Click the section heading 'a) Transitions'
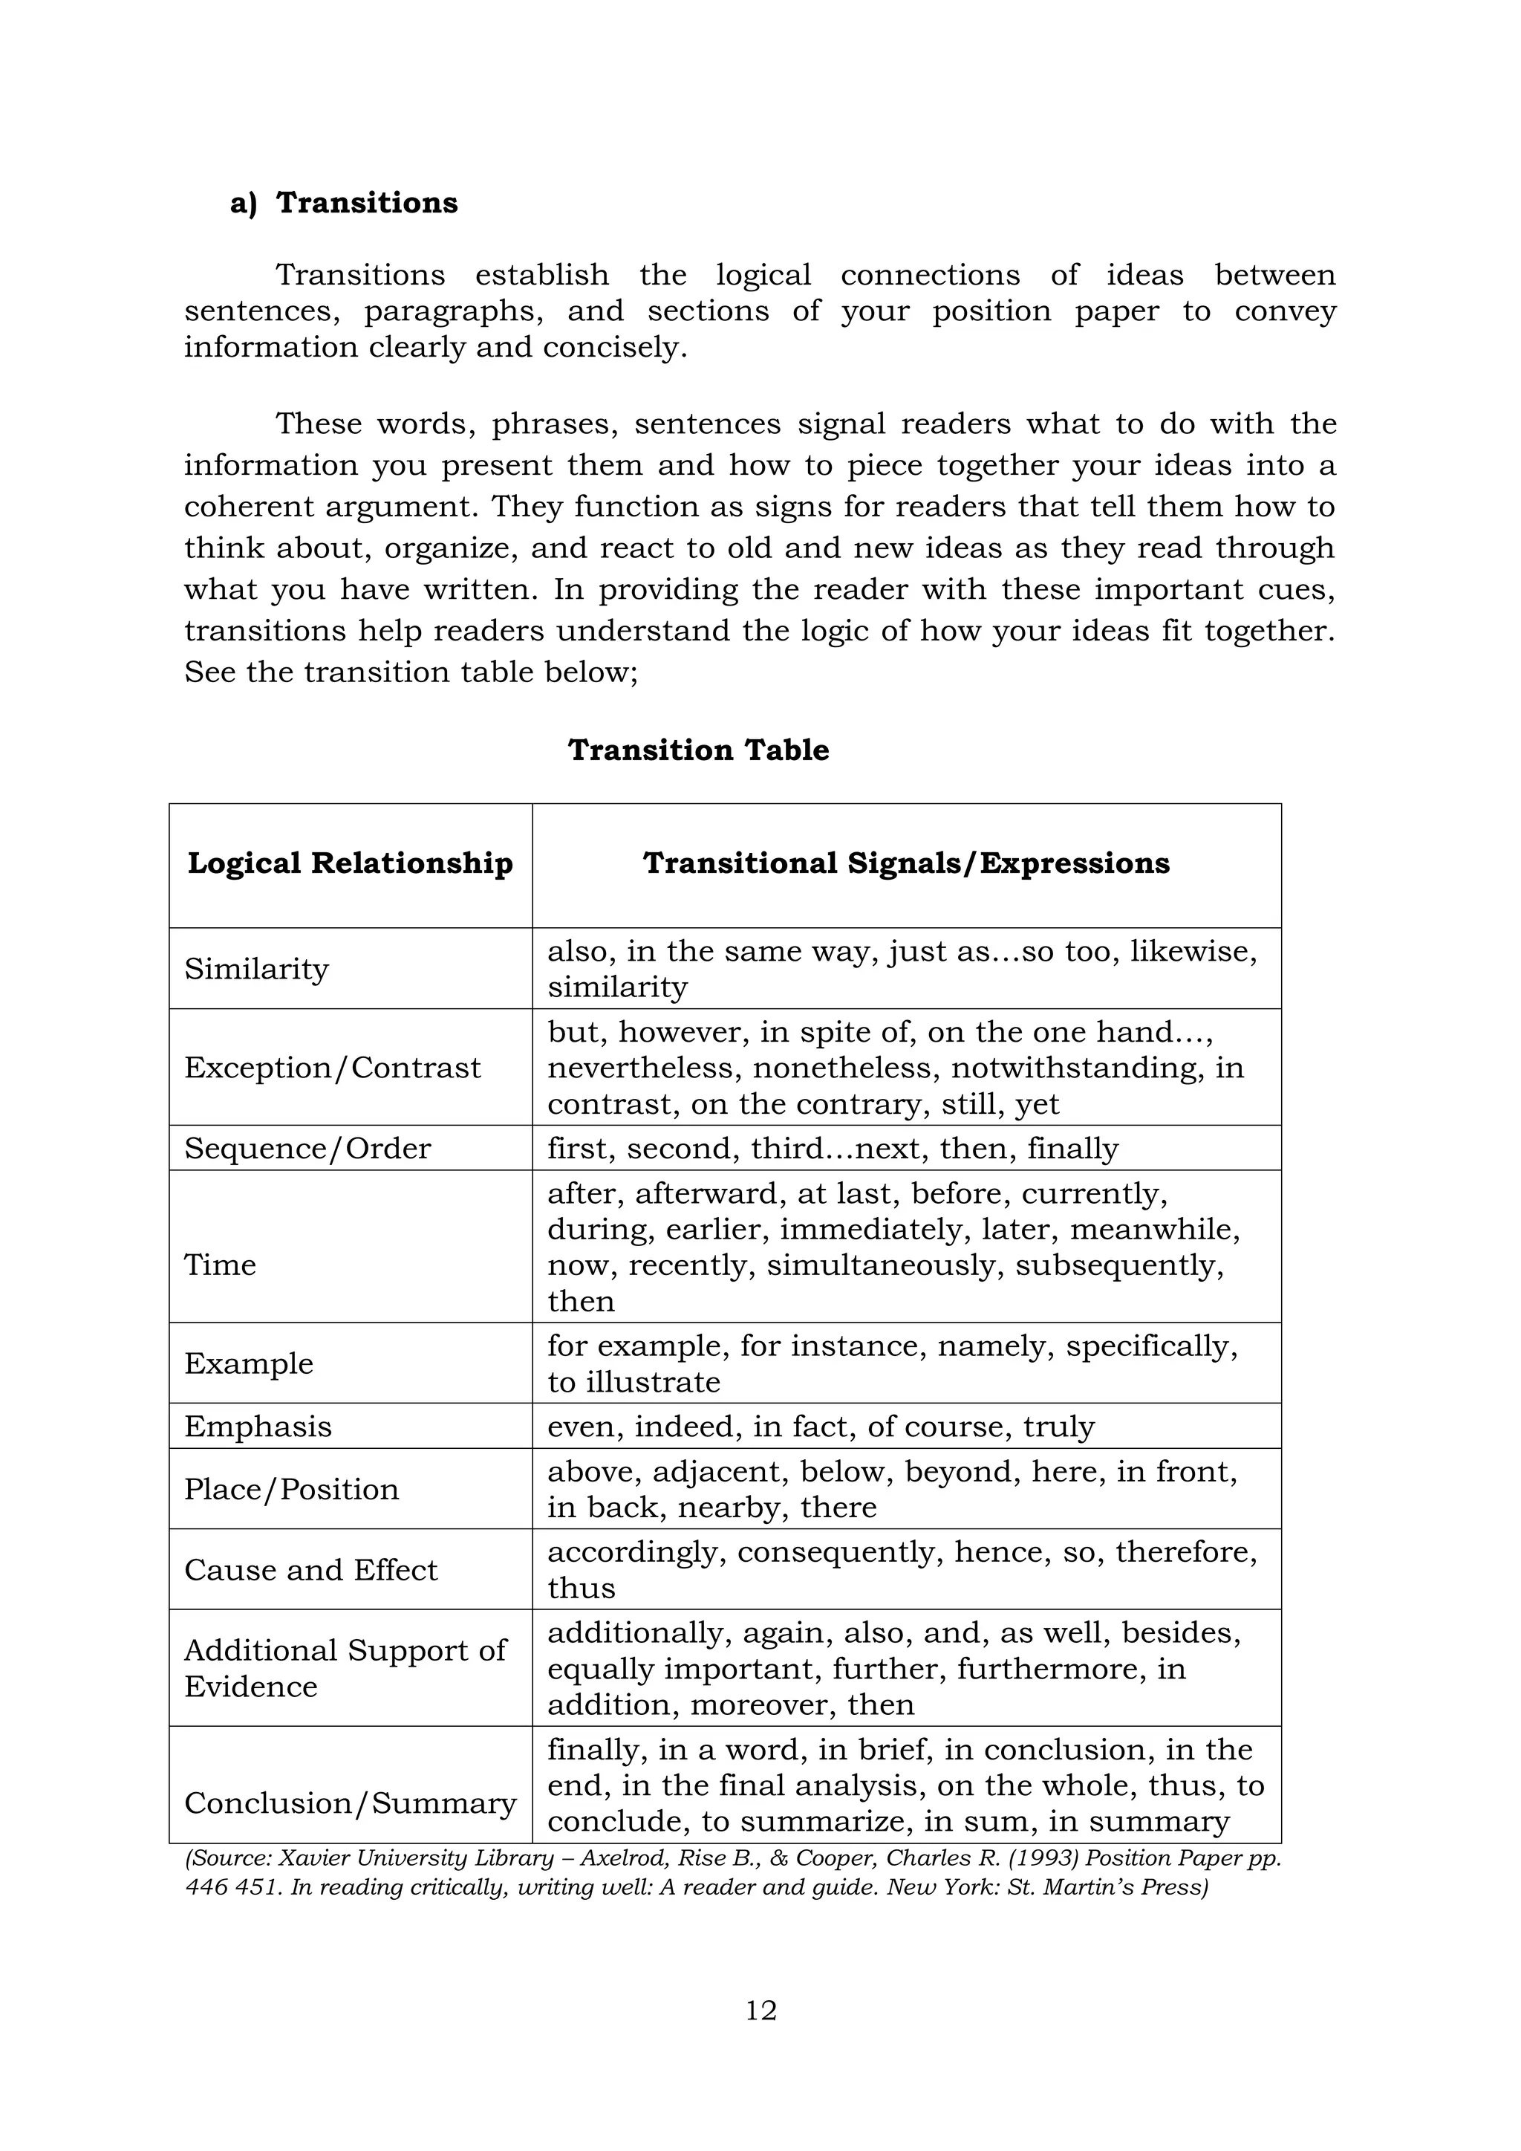[344, 204]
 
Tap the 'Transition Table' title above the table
[698, 750]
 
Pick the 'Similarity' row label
[257, 969]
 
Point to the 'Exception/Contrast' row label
[333, 1067]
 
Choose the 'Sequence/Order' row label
[307, 1149]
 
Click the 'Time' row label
[220, 1265]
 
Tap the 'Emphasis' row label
[258, 1426]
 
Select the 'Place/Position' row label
[291, 1489]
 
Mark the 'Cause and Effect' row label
[311, 1569]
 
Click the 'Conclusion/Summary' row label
[351, 1803]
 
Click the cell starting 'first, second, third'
[833, 1149]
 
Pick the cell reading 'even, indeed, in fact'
[821, 1426]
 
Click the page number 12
[760, 2011]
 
